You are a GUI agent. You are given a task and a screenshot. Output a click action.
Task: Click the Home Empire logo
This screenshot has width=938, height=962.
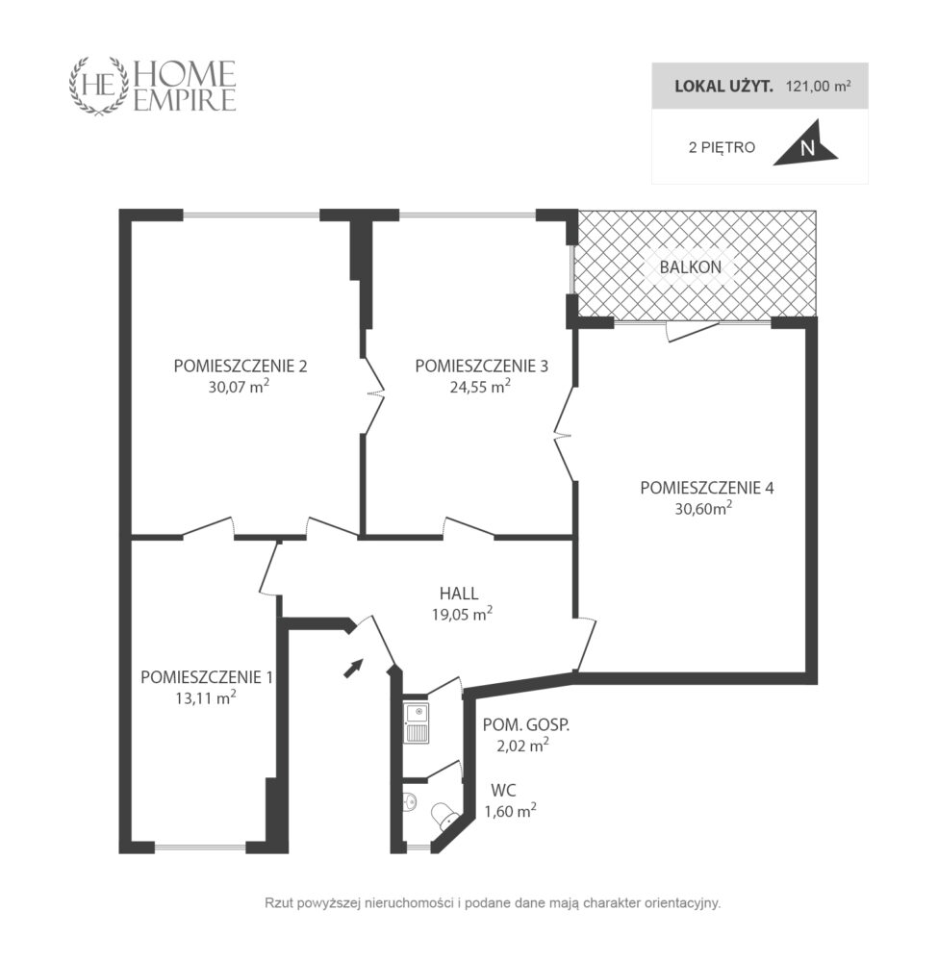[152, 86]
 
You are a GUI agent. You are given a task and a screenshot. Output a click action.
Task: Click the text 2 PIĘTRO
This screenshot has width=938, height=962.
[722, 148]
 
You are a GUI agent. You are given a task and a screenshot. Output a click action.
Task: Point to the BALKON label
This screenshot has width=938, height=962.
[690, 266]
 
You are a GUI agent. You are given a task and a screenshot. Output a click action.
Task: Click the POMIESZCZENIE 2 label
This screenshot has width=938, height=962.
[241, 366]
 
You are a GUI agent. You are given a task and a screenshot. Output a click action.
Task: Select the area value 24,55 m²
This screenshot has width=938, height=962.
[480, 386]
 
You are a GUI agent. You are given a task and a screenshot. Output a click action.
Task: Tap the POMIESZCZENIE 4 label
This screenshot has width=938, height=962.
[707, 488]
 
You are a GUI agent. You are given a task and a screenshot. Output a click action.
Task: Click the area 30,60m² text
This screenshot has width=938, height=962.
[703, 508]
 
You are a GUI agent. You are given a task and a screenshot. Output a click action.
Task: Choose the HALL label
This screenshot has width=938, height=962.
[459, 594]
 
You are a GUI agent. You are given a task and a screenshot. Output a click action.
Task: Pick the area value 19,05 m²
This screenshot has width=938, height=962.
[462, 614]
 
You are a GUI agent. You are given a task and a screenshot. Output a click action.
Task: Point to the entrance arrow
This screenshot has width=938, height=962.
[353, 668]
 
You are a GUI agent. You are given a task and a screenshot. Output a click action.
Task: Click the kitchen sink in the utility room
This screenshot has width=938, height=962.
[417, 723]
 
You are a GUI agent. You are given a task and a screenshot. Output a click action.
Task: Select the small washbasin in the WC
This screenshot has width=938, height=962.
[411, 801]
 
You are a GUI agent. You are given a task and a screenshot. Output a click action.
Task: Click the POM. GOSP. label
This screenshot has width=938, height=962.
[525, 724]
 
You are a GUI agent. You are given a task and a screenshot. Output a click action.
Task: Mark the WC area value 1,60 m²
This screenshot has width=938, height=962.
[511, 810]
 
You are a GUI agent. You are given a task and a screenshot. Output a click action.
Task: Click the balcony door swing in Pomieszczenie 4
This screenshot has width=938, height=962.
[692, 331]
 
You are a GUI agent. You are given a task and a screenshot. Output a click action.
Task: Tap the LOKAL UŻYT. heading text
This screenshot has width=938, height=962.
[723, 86]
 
